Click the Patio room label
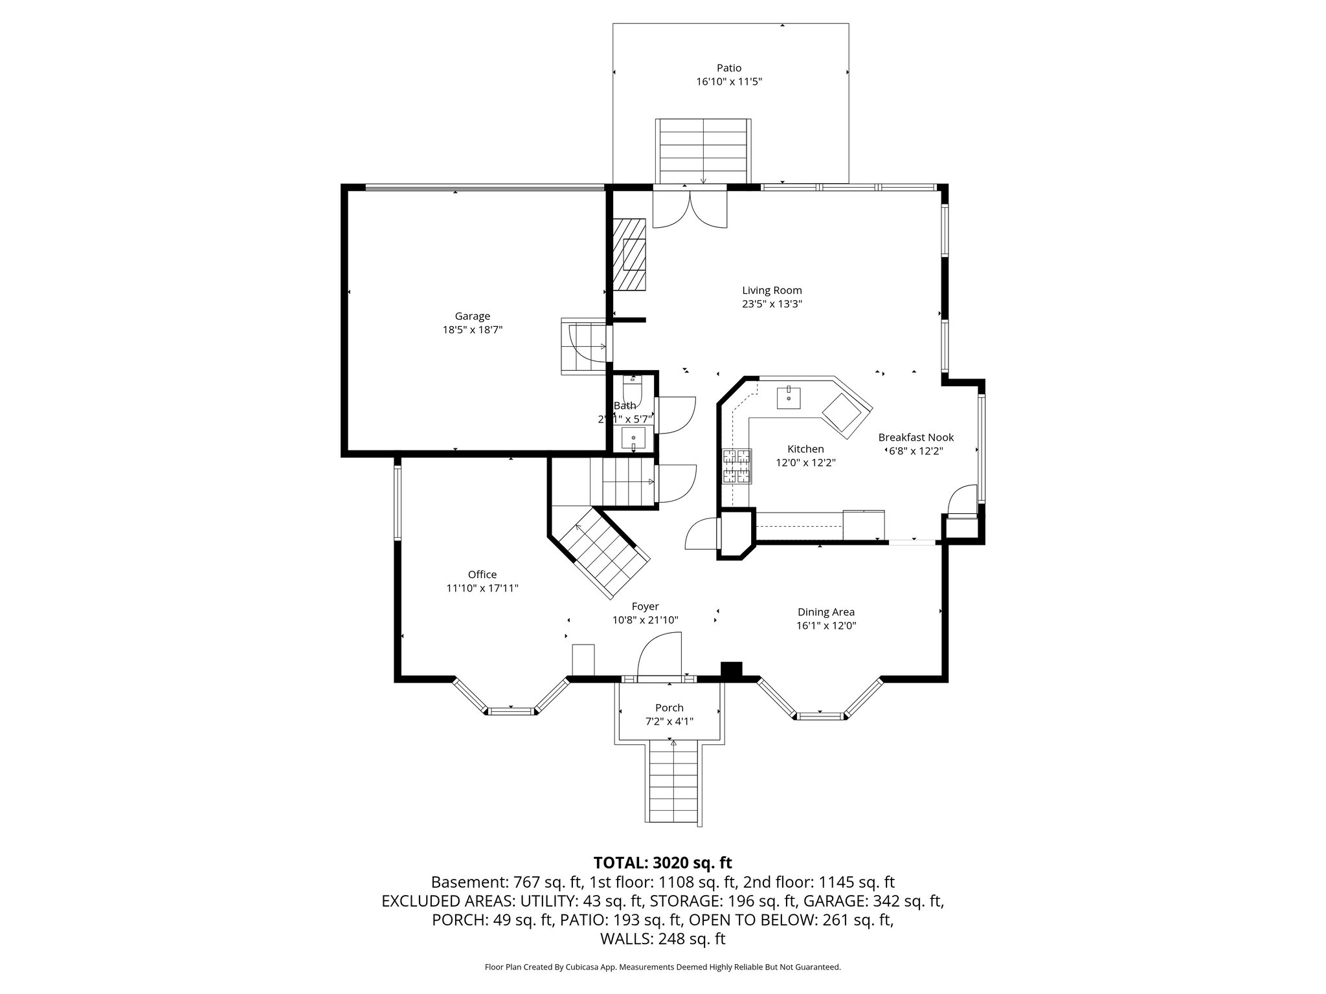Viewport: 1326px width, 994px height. tap(728, 68)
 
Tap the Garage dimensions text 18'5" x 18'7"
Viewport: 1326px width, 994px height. tap(472, 330)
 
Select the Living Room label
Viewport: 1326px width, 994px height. tap(772, 291)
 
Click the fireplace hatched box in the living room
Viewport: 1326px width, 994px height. tap(630, 254)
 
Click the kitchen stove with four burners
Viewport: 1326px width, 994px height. tap(738, 467)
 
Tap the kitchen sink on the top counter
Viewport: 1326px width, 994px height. tap(789, 397)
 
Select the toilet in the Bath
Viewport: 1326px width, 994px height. tap(631, 390)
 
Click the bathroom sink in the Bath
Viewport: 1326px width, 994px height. tap(633, 439)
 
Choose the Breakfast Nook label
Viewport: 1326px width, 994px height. tap(916, 437)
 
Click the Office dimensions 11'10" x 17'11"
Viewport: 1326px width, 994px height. tap(482, 588)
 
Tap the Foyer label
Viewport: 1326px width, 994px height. tap(645, 606)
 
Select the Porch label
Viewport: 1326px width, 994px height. tap(669, 708)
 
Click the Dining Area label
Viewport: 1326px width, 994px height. tap(826, 612)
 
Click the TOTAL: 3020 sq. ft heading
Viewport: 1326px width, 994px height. tap(662, 863)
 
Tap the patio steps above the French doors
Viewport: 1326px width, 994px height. tap(703, 151)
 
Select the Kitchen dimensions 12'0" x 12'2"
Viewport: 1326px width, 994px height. tap(805, 463)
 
